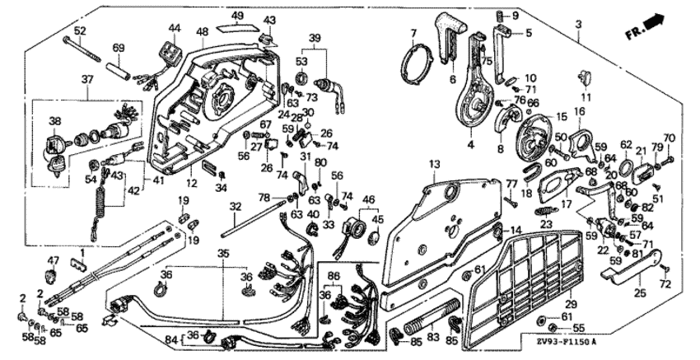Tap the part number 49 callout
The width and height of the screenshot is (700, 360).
tap(237, 16)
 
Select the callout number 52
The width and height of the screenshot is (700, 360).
tap(79, 30)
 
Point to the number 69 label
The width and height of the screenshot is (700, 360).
tap(117, 48)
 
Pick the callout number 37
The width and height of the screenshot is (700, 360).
tap(87, 78)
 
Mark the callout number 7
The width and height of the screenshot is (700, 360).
tap(414, 33)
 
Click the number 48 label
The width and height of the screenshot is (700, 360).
tap(201, 31)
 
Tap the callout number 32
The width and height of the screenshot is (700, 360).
tap(236, 206)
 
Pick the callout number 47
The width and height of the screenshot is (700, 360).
tap(54, 260)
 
